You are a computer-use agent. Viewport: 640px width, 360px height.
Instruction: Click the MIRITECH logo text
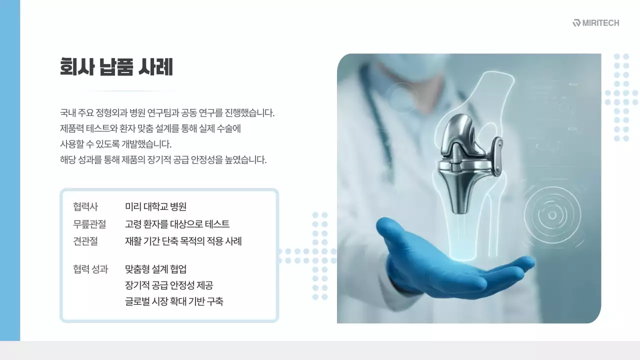600,23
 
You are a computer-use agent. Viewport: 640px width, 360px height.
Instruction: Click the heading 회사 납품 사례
116,67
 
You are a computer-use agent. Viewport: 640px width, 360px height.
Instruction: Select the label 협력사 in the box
85,207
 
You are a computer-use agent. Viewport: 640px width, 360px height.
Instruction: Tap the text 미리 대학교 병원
155,207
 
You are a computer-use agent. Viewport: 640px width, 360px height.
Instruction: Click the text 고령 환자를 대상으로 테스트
177,224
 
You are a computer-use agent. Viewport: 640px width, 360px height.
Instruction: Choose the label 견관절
85,241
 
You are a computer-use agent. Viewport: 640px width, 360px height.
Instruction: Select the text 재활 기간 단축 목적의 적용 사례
183,241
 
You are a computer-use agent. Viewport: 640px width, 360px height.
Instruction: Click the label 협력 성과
90,269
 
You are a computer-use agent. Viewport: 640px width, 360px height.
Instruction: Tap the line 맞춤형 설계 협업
155,269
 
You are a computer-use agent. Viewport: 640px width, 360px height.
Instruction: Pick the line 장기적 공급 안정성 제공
169,285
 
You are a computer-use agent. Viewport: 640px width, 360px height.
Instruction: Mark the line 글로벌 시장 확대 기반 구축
174,302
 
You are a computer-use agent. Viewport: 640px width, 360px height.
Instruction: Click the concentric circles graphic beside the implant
552,215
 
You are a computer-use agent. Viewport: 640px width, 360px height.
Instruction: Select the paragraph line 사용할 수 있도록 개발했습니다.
115,144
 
